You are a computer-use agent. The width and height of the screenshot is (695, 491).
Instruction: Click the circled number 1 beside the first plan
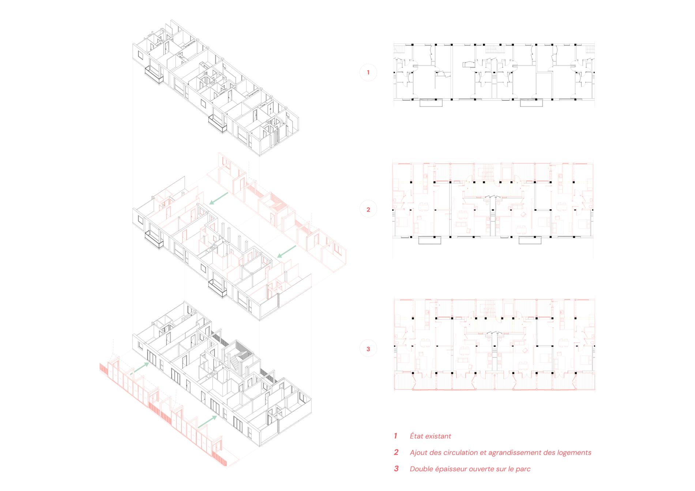[x=368, y=72]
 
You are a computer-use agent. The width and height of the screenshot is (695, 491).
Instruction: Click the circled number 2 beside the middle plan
[x=368, y=209]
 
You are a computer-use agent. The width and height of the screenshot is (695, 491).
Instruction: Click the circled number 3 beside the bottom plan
[x=368, y=349]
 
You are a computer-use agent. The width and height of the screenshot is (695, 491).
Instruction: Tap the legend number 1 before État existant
[x=395, y=436]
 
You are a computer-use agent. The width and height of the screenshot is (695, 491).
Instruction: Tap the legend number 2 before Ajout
[x=396, y=452]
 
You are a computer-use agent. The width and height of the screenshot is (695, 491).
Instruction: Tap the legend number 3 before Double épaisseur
[x=396, y=469]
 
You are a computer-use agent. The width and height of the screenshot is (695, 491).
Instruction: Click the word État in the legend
[x=417, y=436]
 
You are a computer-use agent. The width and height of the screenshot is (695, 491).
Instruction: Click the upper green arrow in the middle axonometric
[x=219, y=198]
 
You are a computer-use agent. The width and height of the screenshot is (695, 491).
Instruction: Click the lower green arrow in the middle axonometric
[x=286, y=251]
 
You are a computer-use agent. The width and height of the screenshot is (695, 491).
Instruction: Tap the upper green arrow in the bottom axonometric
[x=140, y=368]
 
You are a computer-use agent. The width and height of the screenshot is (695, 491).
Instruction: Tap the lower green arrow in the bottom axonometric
[x=207, y=422]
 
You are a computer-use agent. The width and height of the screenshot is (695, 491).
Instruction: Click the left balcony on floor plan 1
[x=431, y=103]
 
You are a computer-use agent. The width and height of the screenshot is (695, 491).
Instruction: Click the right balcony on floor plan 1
[x=531, y=103]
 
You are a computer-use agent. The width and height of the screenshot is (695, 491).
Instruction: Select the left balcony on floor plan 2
[x=429, y=240]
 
